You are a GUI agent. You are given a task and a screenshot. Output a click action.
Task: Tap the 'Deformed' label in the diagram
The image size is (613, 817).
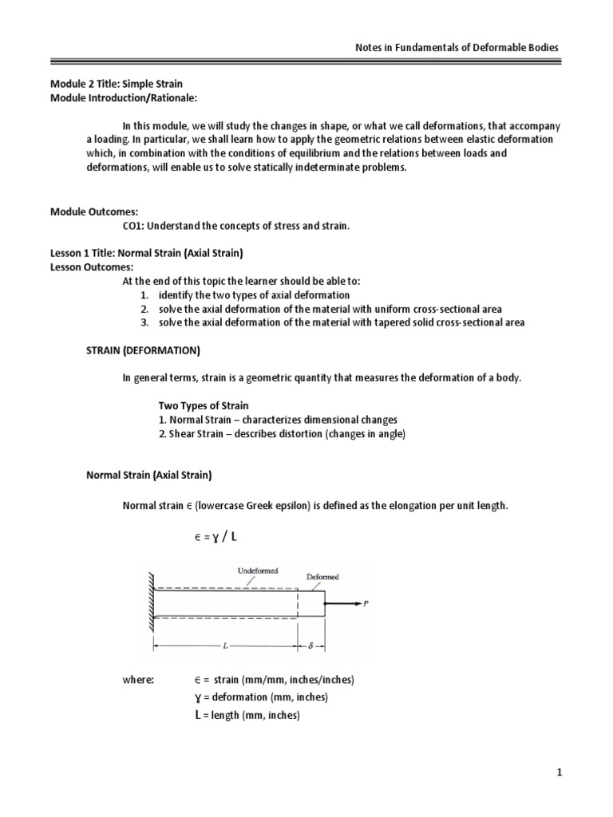tap(322, 576)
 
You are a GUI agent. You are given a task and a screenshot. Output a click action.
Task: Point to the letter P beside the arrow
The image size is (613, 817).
tap(366, 604)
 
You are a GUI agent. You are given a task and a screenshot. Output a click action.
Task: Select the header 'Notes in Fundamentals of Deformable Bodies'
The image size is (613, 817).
tap(457, 48)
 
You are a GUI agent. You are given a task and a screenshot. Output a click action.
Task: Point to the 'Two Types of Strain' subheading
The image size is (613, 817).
tap(204, 406)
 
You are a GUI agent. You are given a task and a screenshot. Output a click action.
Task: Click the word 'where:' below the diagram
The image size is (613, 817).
tap(136, 679)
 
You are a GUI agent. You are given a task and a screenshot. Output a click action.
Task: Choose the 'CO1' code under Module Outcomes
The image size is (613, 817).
tap(132, 227)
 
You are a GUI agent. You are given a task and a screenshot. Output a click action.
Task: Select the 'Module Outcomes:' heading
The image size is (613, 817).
tap(94, 212)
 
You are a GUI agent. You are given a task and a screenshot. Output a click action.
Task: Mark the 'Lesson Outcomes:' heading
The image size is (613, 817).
tap(93, 267)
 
